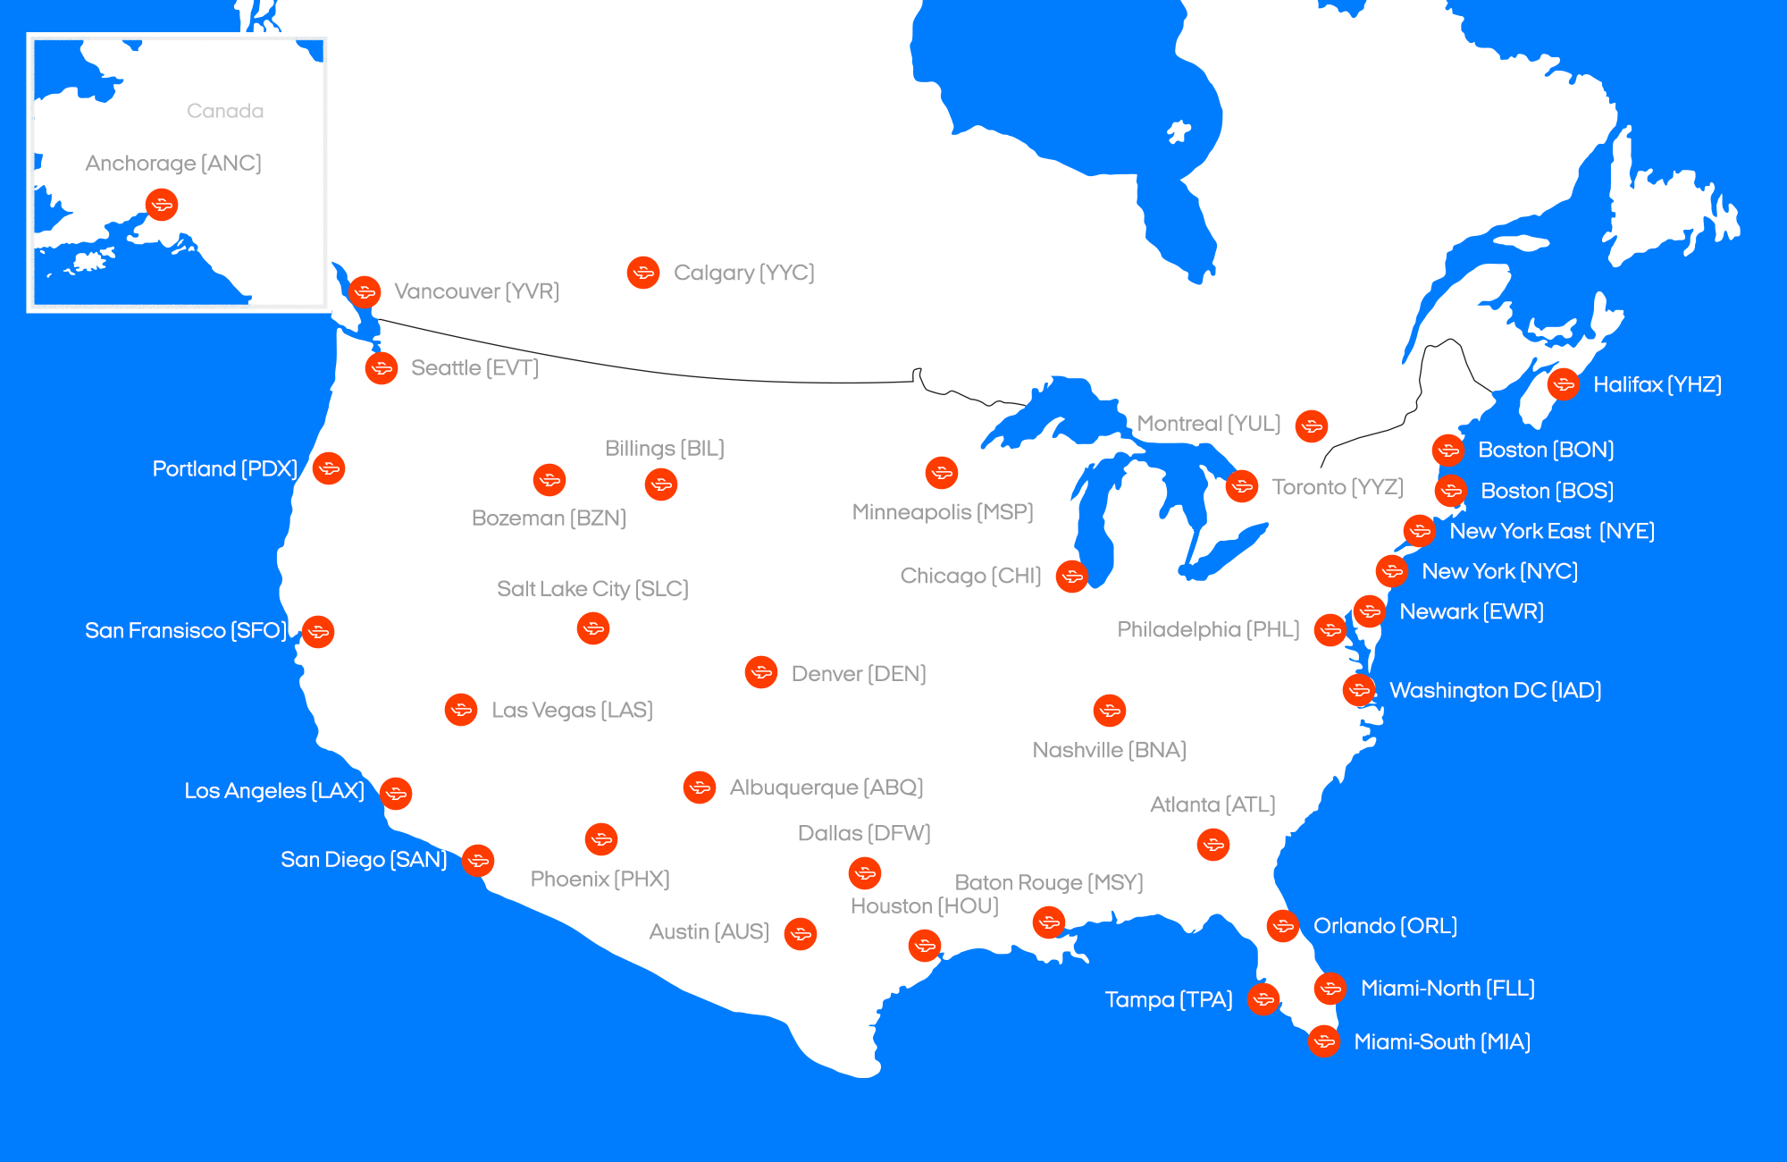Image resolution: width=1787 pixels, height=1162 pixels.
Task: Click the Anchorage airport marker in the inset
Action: click(x=162, y=205)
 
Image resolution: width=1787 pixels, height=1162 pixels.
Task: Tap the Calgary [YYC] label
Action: click(x=743, y=273)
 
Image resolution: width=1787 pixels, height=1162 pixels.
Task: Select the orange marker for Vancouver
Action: click(x=365, y=291)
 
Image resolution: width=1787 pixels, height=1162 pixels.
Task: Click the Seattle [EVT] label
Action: click(x=474, y=368)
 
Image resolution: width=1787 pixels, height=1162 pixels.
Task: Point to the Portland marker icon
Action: click(x=329, y=468)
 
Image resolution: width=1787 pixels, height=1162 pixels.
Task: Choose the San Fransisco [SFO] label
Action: click(x=186, y=631)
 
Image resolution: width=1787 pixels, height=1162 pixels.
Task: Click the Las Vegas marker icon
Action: click(x=461, y=710)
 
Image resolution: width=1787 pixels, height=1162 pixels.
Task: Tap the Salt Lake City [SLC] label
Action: click(x=592, y=589)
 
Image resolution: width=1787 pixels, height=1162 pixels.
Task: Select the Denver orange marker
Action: click(x=761, y=672)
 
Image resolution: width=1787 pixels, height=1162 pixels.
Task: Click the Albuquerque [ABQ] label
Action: click(x=826, y=787)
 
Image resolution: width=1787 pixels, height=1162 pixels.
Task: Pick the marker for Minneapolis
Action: click(x=942, y=472)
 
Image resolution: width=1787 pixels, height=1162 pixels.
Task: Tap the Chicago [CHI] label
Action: click(x=970, y=576)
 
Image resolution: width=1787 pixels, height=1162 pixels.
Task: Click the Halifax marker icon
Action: click(x=1564, y=384)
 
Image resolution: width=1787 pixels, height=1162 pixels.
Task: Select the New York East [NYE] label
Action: click(x=1552, y=532)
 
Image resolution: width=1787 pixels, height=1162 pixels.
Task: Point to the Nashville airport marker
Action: click(x=1110, y=711)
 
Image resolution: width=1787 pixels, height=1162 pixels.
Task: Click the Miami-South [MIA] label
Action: click(x=1442, y=1042)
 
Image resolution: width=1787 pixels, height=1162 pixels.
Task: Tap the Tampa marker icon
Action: click(x=1263, y=998)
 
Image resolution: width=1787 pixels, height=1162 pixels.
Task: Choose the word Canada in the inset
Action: click(x=225, y=111)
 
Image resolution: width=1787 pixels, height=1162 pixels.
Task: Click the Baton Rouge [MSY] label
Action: click(x=1049, y=882)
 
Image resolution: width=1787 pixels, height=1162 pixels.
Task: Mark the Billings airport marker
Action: click(x=661, y=484)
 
